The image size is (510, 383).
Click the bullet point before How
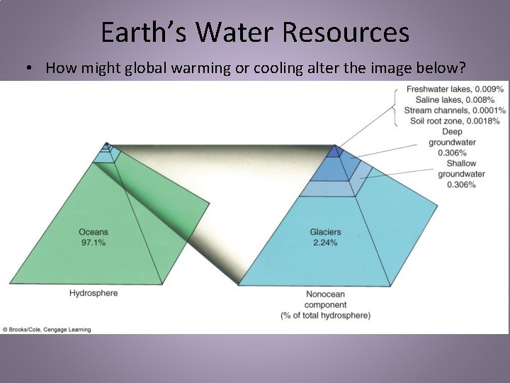(26, 69)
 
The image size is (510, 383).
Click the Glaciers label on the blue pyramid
(325, 232)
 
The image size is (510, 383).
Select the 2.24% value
(325, 243)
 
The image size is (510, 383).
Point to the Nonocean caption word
(325, 294)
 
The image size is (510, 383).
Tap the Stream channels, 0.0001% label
(455, 111)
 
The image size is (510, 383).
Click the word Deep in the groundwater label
(452, 132)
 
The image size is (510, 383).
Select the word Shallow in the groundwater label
(461, 164)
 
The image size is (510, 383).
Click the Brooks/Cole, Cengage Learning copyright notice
(47, 329)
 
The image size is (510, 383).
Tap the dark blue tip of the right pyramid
(335, 150)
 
